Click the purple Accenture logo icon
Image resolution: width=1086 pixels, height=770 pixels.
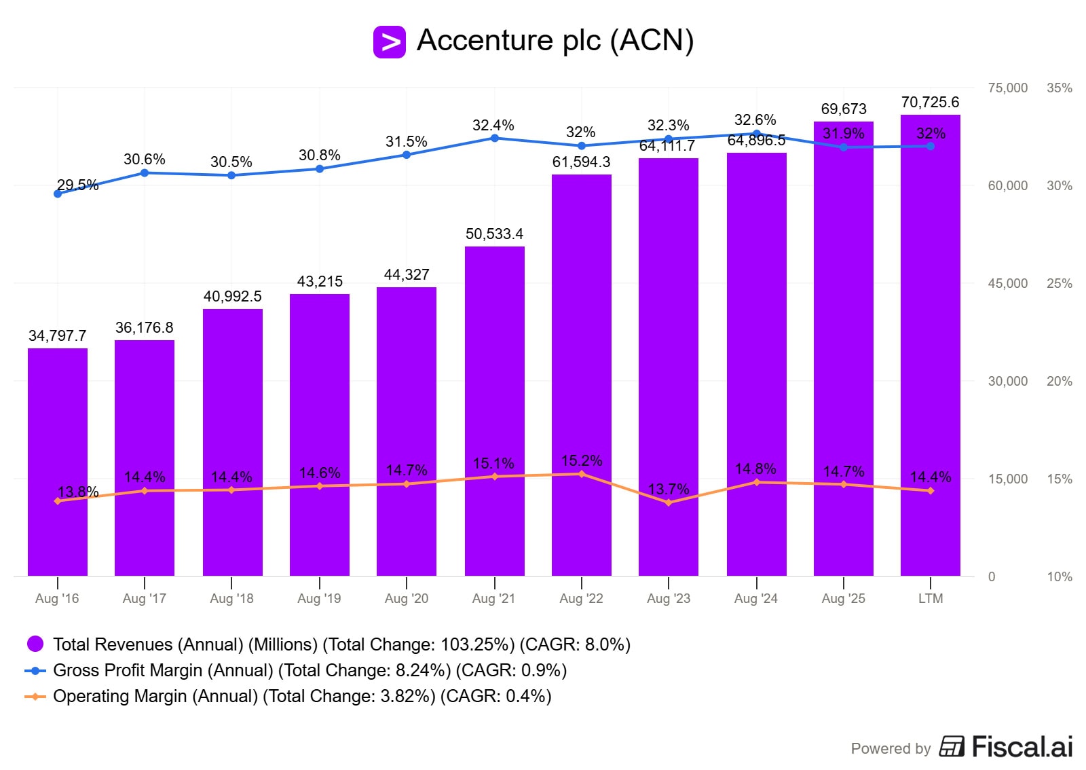click(389, 42)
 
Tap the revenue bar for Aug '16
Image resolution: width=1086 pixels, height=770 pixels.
click(58, 462)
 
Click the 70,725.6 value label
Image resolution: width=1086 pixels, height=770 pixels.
click(930, 103)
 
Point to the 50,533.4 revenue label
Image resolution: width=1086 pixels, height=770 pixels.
click(494, 234)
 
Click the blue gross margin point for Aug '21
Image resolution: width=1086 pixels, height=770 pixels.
click(495, 139)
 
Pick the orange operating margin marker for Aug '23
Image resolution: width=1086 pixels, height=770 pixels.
click(669, 502)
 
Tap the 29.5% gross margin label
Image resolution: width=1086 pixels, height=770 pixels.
click(77, 185)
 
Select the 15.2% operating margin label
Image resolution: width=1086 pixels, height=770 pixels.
click(582, 460)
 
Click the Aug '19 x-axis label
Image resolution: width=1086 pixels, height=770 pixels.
click(319, 598)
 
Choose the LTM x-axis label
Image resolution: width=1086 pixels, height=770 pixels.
click(931, 598)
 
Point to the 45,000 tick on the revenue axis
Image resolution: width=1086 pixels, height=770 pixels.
click(1007, 283)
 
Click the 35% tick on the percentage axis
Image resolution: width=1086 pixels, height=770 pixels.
click(1060, 88)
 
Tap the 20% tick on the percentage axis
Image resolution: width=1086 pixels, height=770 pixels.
click(1060, 381)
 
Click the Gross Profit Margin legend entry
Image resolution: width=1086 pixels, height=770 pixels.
click(310, 670)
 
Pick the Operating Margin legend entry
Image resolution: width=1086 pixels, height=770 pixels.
click(301, 696)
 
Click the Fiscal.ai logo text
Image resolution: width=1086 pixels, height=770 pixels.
click(1022, 747)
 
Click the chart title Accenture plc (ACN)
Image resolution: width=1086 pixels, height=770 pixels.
click(555, 41)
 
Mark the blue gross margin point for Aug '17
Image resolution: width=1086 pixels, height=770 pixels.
click(145, 173)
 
